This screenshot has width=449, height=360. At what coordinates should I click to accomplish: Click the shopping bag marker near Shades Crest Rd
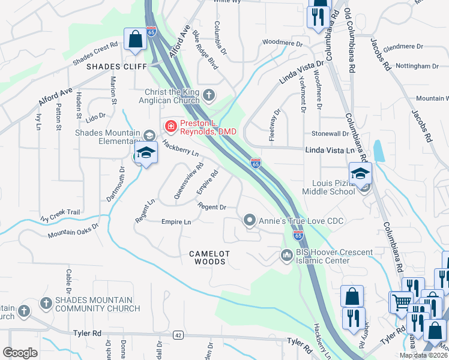pyautogui.click(x=135, y=40)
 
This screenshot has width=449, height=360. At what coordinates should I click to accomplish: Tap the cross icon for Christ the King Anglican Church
pyautogui.click(x=208, y=95)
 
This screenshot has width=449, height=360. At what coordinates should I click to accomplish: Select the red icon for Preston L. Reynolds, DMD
pyautogui.click(x=170, y=126)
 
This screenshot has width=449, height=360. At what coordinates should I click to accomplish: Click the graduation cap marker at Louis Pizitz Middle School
pyautogui.click(x=360, y=174)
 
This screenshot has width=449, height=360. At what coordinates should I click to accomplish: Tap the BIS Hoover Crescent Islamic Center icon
pyautogui.click(x=286, y=256)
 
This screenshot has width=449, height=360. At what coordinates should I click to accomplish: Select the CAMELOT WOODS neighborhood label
pyautogui.click(x=208, y=257)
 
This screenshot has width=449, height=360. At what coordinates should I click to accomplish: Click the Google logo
pyautogui.click(x=20, y=353)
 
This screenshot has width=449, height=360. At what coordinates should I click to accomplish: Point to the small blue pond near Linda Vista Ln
pyautogui.click(x=379, y=151)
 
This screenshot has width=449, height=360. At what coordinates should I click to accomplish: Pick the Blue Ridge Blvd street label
pyautogui.click(x=205, y=53)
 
